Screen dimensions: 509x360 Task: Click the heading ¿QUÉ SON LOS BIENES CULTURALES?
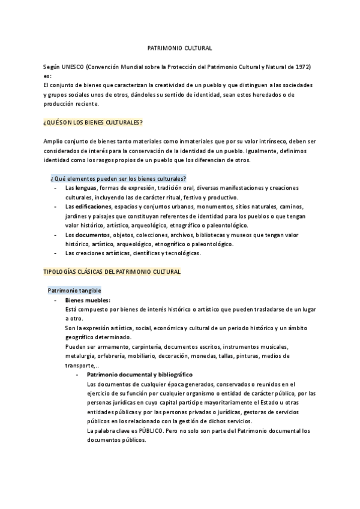92,122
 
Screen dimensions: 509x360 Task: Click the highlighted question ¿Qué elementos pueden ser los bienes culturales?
119,178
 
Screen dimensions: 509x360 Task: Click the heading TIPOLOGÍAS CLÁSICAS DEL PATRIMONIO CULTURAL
112,272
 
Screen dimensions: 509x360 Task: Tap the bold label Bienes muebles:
88,300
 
